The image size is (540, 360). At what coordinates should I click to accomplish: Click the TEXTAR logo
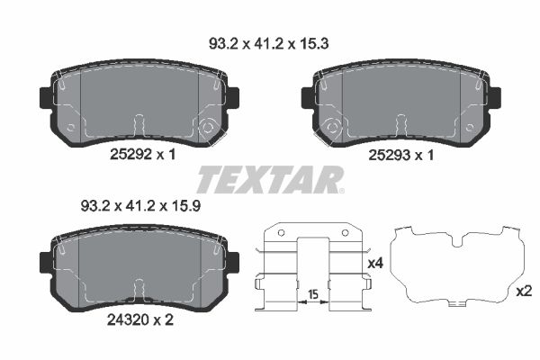click(x=269, y=180)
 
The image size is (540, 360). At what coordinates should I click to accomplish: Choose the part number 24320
click(x=126, y=319)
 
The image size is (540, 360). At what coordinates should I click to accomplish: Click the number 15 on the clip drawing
click(x=311, y=295)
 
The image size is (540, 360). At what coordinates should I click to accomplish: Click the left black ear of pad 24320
click(x=46, y=260)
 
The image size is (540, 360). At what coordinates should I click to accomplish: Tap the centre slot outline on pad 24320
click(x=138, y=289)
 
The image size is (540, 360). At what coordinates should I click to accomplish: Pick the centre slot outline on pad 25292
click(x=138, y=125)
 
